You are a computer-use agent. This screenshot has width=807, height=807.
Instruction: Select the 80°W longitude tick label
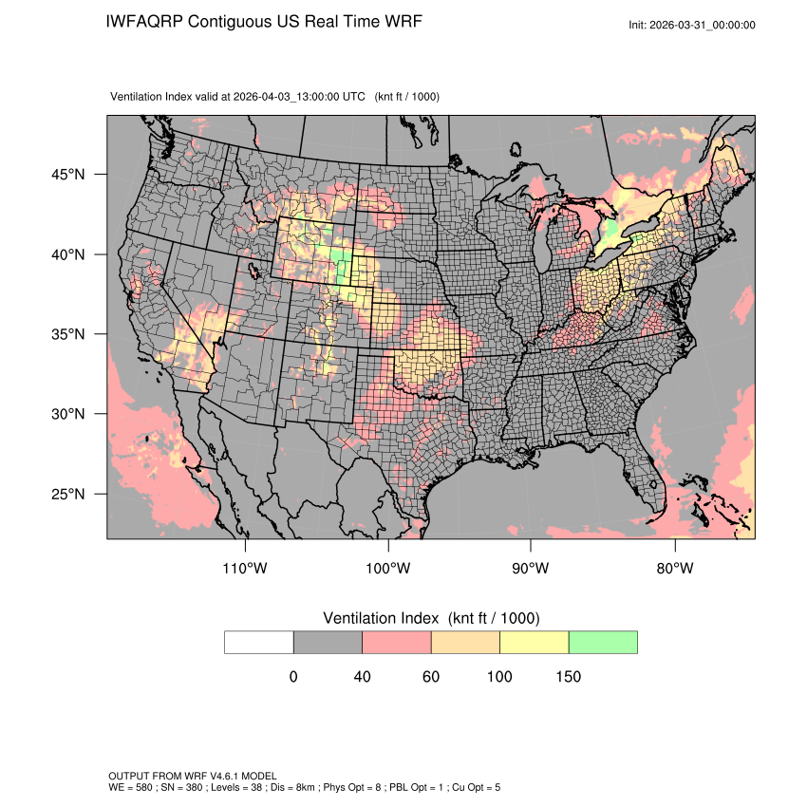[x=674, y=569]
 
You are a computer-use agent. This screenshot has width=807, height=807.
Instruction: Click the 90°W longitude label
[x=531, y=569]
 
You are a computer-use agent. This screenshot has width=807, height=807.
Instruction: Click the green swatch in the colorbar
[x=603, y=642]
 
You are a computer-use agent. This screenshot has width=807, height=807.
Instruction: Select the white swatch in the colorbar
[x=259, y=642]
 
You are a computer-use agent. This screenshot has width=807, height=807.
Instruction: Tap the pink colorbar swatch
[x=397, y=642]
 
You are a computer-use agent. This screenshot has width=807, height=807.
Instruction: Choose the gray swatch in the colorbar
[x=328, y=642]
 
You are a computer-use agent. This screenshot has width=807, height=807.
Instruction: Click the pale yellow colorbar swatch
[x=535, y=642]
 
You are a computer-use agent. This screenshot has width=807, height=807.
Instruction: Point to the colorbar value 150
[x=568, y=677]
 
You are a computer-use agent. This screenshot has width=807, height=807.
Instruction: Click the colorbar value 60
[x=431, y=677]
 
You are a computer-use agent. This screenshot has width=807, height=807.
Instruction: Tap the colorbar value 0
[x=293, y=677]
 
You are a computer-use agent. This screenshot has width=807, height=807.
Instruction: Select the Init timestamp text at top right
[x=692, y=25]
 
